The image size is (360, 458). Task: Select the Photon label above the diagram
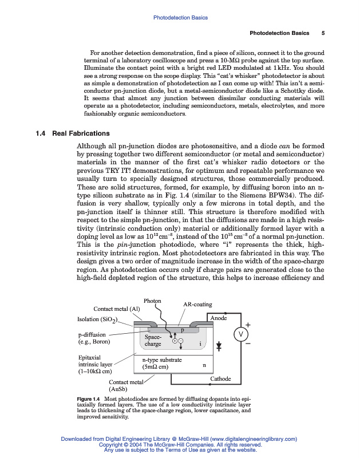click(x=152, y=301)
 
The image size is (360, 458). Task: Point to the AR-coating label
click(x=197, y=305)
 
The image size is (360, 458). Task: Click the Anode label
click(x=219, y=318)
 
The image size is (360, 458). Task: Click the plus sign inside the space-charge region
click(x=174, y=341)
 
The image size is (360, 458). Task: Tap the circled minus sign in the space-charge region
click(x=180, y=341)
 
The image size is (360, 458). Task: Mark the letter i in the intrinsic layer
click(x=200, y=344)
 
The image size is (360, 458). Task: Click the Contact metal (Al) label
click(x=117, y=309)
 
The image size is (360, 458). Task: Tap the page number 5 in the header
click(x=323, y=33)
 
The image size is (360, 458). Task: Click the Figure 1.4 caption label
click(x=89, y=398)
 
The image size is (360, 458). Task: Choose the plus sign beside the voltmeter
click(x=248, y=325)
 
